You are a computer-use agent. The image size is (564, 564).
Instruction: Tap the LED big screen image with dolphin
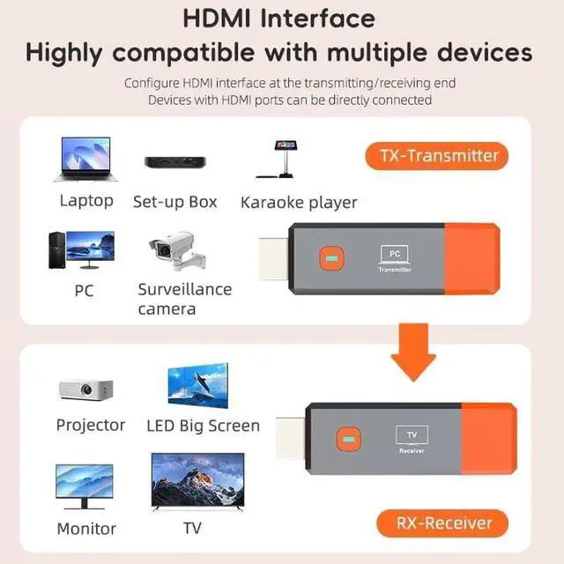pos(198,385)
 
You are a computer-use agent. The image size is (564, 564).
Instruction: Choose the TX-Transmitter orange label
pos(438,157)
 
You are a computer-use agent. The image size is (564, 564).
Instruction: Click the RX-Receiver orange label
pos(439,523)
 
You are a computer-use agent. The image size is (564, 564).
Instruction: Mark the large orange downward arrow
pos(413,353)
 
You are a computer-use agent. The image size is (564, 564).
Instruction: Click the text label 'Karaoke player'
pos(299,203)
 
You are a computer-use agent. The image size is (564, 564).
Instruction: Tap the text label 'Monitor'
pos(86,529)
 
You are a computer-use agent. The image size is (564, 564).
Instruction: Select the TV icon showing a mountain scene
pos(197,481)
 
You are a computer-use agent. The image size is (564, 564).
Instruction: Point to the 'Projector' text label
pos(91,425)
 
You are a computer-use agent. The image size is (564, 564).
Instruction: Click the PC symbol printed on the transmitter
pos(395,255)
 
